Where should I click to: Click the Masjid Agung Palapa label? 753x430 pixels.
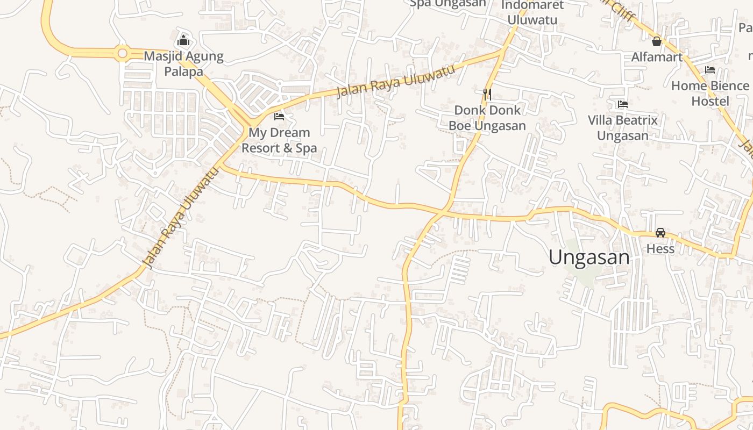[183, 63]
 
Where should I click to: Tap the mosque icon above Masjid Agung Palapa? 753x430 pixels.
[183, 40]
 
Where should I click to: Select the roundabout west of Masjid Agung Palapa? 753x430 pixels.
[123, 53]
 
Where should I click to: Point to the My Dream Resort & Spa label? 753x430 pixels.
[279, 140]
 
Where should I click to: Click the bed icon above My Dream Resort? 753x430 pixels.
[279, 116]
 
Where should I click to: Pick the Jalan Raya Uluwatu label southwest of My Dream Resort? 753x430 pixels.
[182, 217]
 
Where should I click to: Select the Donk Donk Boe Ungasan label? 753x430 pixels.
[487, 118]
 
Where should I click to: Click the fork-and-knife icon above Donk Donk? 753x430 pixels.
[487, 94]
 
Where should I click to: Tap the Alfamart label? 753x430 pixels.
[657, 57]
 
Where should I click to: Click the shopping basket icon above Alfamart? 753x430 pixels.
[657, 41]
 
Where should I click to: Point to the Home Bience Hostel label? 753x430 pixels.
[710, 93]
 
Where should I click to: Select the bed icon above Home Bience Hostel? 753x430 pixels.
[710, 70]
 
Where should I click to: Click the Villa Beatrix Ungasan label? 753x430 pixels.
[623, 127]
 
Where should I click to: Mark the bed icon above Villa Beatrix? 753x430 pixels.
[623, 104]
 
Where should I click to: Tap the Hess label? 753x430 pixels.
[660, 249]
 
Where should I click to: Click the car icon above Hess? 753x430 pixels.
[660, 233]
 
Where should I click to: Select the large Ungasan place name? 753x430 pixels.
[589, 257]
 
